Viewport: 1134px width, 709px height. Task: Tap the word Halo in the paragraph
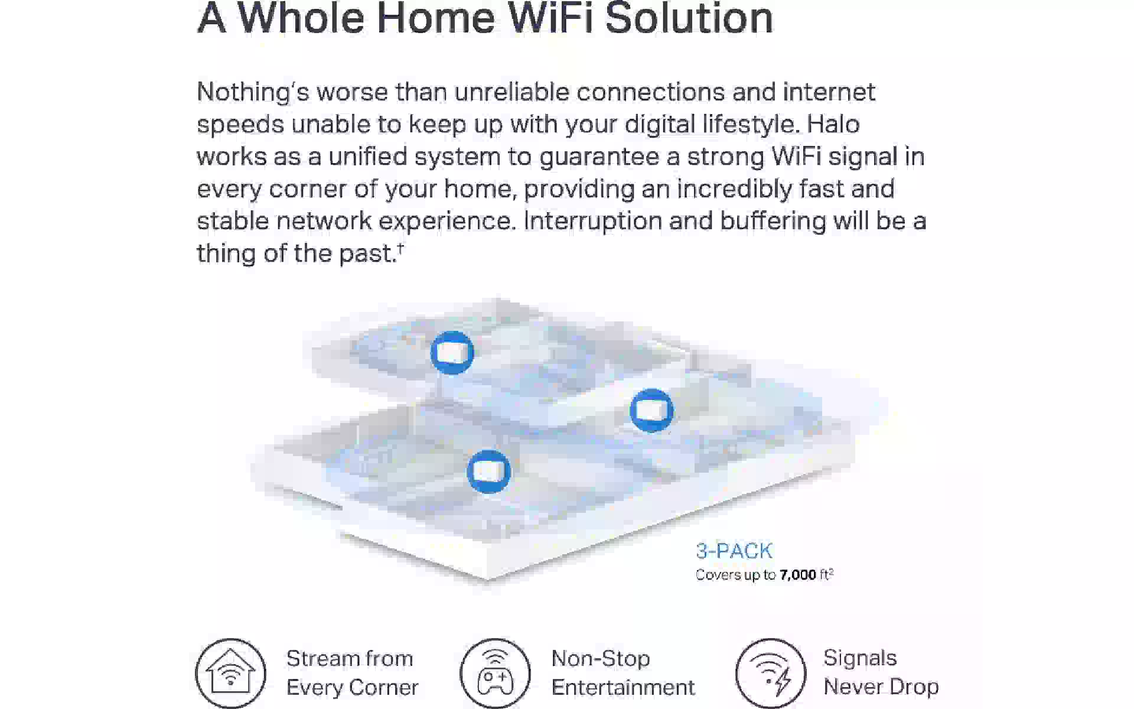[833, 124]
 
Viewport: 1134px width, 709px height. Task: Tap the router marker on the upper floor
[452, 353]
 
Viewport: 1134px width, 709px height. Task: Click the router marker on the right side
[651, 411]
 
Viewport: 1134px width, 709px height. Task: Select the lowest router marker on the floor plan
[488, 471]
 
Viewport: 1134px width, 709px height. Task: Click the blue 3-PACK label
[734, 551]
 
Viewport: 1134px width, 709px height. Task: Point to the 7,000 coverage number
[798, 575]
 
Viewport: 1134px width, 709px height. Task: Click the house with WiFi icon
[230, 673]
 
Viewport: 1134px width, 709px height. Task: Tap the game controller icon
[495, 673]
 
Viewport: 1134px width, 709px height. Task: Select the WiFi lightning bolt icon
[771, 673]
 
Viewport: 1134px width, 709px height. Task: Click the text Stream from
[350, 658]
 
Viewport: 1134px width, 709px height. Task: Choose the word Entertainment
[623, 688]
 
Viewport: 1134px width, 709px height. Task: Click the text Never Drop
[881, 687]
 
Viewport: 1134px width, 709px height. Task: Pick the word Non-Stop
[601, 658]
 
